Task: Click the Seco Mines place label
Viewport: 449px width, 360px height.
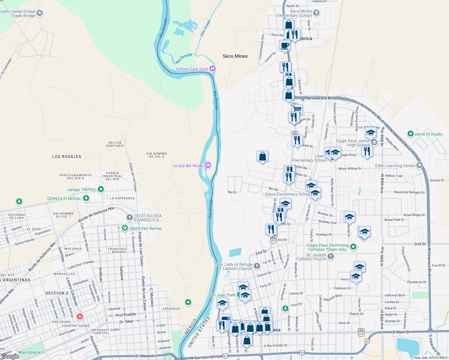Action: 235,56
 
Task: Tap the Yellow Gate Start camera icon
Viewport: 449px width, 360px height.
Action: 212,69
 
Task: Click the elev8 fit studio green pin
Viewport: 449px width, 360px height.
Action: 410,134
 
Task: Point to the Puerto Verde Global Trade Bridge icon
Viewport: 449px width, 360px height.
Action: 40,13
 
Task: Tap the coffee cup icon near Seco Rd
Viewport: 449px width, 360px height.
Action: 285,46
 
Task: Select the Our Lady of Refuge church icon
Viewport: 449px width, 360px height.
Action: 257,266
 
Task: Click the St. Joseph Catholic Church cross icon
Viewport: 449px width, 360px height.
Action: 331,256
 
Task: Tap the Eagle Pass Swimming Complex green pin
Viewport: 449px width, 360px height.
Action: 353,247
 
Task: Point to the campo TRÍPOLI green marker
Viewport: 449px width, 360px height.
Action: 101,189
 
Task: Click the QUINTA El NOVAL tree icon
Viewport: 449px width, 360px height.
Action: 86,198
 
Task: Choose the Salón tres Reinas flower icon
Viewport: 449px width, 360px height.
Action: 125,228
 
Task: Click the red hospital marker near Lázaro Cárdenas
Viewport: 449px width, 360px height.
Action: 80,316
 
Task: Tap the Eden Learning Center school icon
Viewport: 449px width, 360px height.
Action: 420,165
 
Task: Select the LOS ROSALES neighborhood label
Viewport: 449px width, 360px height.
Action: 67,157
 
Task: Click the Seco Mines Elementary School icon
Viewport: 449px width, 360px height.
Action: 316,13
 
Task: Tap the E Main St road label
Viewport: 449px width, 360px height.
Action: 401,332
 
